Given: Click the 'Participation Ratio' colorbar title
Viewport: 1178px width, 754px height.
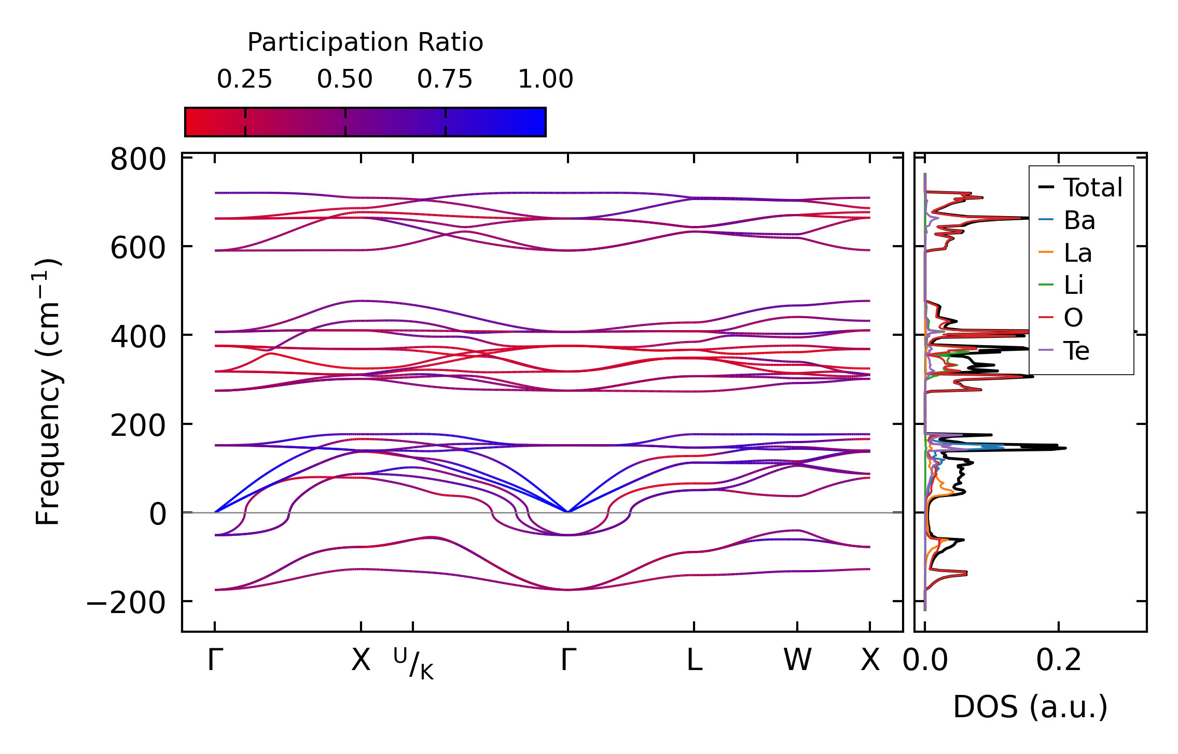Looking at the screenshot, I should (x=365, y=42).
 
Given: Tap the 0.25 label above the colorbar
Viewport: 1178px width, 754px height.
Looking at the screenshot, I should (x=244, y=79).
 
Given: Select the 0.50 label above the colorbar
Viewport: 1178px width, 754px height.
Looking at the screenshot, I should (x=345, y=79).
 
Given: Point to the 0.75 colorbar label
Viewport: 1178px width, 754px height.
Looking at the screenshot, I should (x=445, y=79).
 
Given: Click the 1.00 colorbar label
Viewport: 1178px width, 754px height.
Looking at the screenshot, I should (x=545, y=79).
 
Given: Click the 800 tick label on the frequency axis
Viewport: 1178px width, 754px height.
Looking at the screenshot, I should (x=138, y=160).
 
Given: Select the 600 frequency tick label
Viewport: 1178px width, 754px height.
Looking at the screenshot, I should (x=138, y=248).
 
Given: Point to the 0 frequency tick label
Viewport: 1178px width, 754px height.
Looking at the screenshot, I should (x=158, y=515).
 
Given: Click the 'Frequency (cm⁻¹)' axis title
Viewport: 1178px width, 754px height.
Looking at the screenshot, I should (x=48, y=392).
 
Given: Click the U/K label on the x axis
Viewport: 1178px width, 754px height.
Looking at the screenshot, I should (x=413, y=664).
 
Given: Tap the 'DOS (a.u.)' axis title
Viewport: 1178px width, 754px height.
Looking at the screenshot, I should (x=1030, y=707).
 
